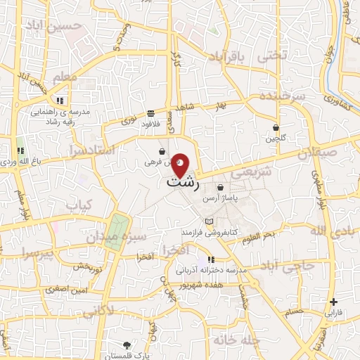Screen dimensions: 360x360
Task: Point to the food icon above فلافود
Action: (x=151, y=113)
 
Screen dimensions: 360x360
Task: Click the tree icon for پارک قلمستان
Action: (x=127, y=345)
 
